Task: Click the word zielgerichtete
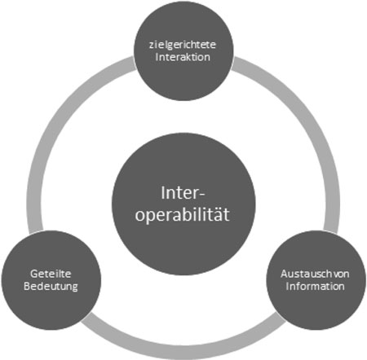[x=183, y=46]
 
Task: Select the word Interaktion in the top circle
[x=183, y=57]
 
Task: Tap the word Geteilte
[x=51, y=274]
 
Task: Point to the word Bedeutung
[x=51, y=287]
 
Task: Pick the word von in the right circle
[x=341, y=274]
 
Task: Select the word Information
[x=316, y=287]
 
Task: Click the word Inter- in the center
[x=183, y=193]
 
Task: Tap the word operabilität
[x=183, y=215]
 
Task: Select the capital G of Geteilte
[x=33, y=274]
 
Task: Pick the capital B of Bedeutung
[x=27, y=287]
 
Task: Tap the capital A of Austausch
[x=285, y=274]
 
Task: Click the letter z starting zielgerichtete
[x=152, y=46]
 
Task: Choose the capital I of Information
[x=287, y=287]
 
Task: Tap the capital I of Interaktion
[x=157, y=57]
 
